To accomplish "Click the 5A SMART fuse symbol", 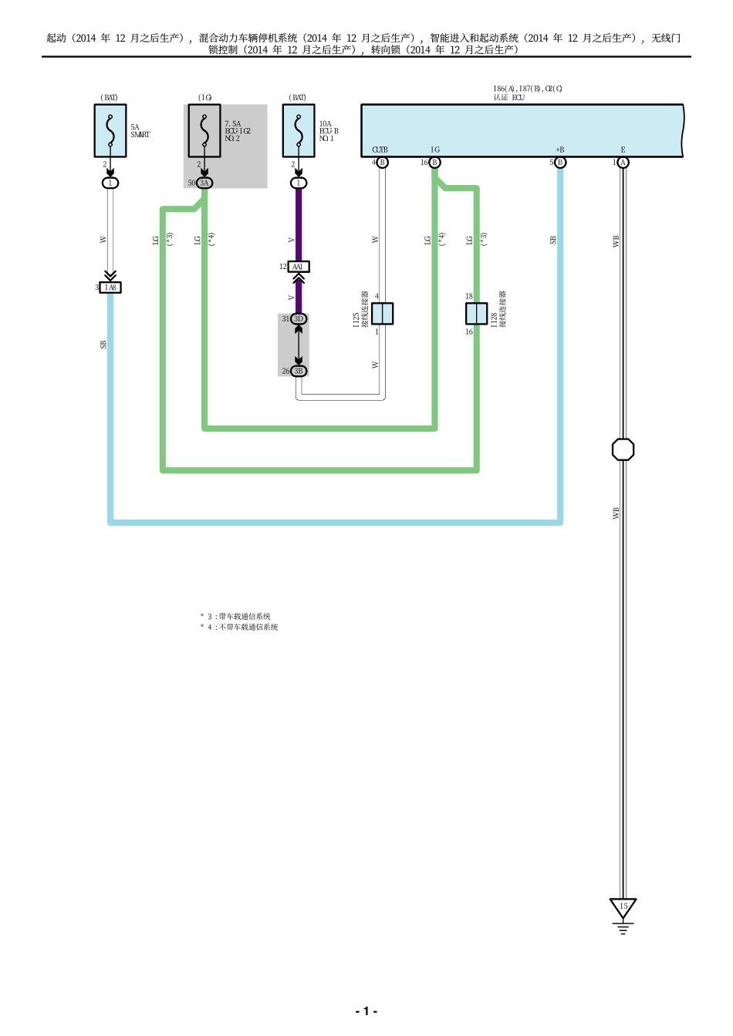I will [x=110, y=131].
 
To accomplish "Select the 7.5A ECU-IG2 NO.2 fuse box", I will [x=204, y=131].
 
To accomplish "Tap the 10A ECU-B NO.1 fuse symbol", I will [x=299, y=131].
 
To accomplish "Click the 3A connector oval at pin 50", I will [x=204, y=183].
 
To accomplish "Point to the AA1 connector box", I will [x=299, y=267].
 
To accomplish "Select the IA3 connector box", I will [x=111, y=288].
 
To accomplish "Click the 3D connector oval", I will [x=299, y=318].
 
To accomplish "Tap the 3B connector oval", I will [x=299, y=371].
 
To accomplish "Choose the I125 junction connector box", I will [x=383, y=314].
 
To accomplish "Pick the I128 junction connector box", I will [x=476, y=314].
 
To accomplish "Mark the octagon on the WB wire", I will [x=623, y=449].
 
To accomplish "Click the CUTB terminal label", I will [x=380, y=150].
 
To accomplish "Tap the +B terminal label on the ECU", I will [x=559, y=150].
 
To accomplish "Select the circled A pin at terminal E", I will [x=623, y=163].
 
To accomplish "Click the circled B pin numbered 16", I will [x=434, y=163].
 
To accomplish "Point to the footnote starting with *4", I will [x=239, y=627].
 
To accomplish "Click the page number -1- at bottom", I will [x=366, y=1011].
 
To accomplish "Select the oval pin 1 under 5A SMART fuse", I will [x=110, y=183].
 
